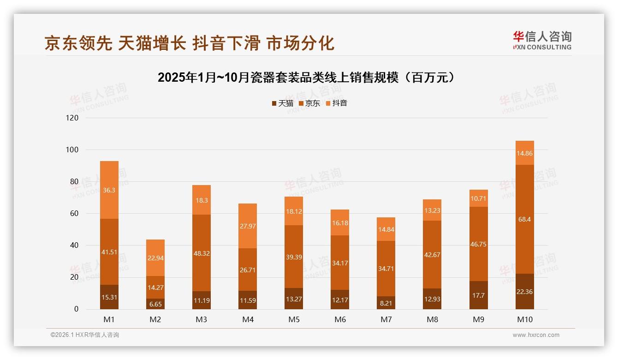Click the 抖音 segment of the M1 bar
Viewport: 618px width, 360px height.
(109, 190)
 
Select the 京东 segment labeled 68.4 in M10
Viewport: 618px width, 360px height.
(524, 219)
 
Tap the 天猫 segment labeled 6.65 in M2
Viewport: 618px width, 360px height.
(155, 304)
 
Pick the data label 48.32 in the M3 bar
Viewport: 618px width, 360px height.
(202, 253)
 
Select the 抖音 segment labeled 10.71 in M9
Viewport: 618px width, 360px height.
(478, 198)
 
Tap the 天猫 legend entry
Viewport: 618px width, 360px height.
(282, 103)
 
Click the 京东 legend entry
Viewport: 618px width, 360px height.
(309, 103)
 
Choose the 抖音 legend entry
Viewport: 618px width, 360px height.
(336, 103)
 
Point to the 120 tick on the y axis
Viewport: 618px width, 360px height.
(72, 118)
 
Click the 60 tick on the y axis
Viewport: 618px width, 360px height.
(74, 214)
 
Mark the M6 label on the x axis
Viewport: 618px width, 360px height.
(340, 319)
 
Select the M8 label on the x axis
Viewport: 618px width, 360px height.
(432, 319)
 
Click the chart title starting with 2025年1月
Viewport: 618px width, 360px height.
(309, 77)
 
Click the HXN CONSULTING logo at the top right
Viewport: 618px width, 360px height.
(542, 41)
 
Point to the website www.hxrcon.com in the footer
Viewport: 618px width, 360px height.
(536, 335)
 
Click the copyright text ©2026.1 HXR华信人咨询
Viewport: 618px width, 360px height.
(85, 335)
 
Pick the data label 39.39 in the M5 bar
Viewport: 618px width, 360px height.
(294, 257)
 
